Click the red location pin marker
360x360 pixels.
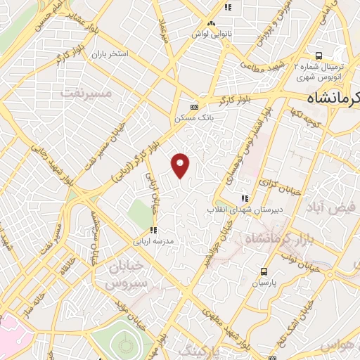[181, 165]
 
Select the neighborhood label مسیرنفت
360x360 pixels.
[86, 92]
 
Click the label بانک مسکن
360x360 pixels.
[194, 117]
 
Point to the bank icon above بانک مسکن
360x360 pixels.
[194, 107]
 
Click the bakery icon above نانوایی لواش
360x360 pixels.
[227, 8]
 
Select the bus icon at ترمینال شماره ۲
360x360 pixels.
[319, 56]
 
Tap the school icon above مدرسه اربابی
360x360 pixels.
[153, 229]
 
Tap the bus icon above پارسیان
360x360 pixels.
[264, 271]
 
